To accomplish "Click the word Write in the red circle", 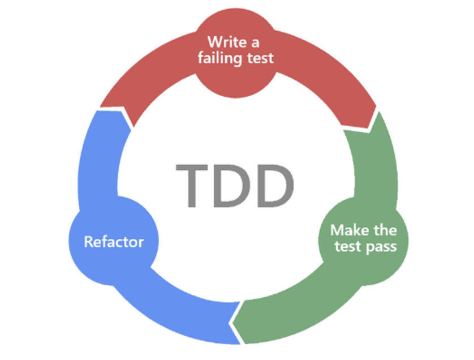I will click(x=225, y=42).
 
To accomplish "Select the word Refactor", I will click(x=114, y=242).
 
